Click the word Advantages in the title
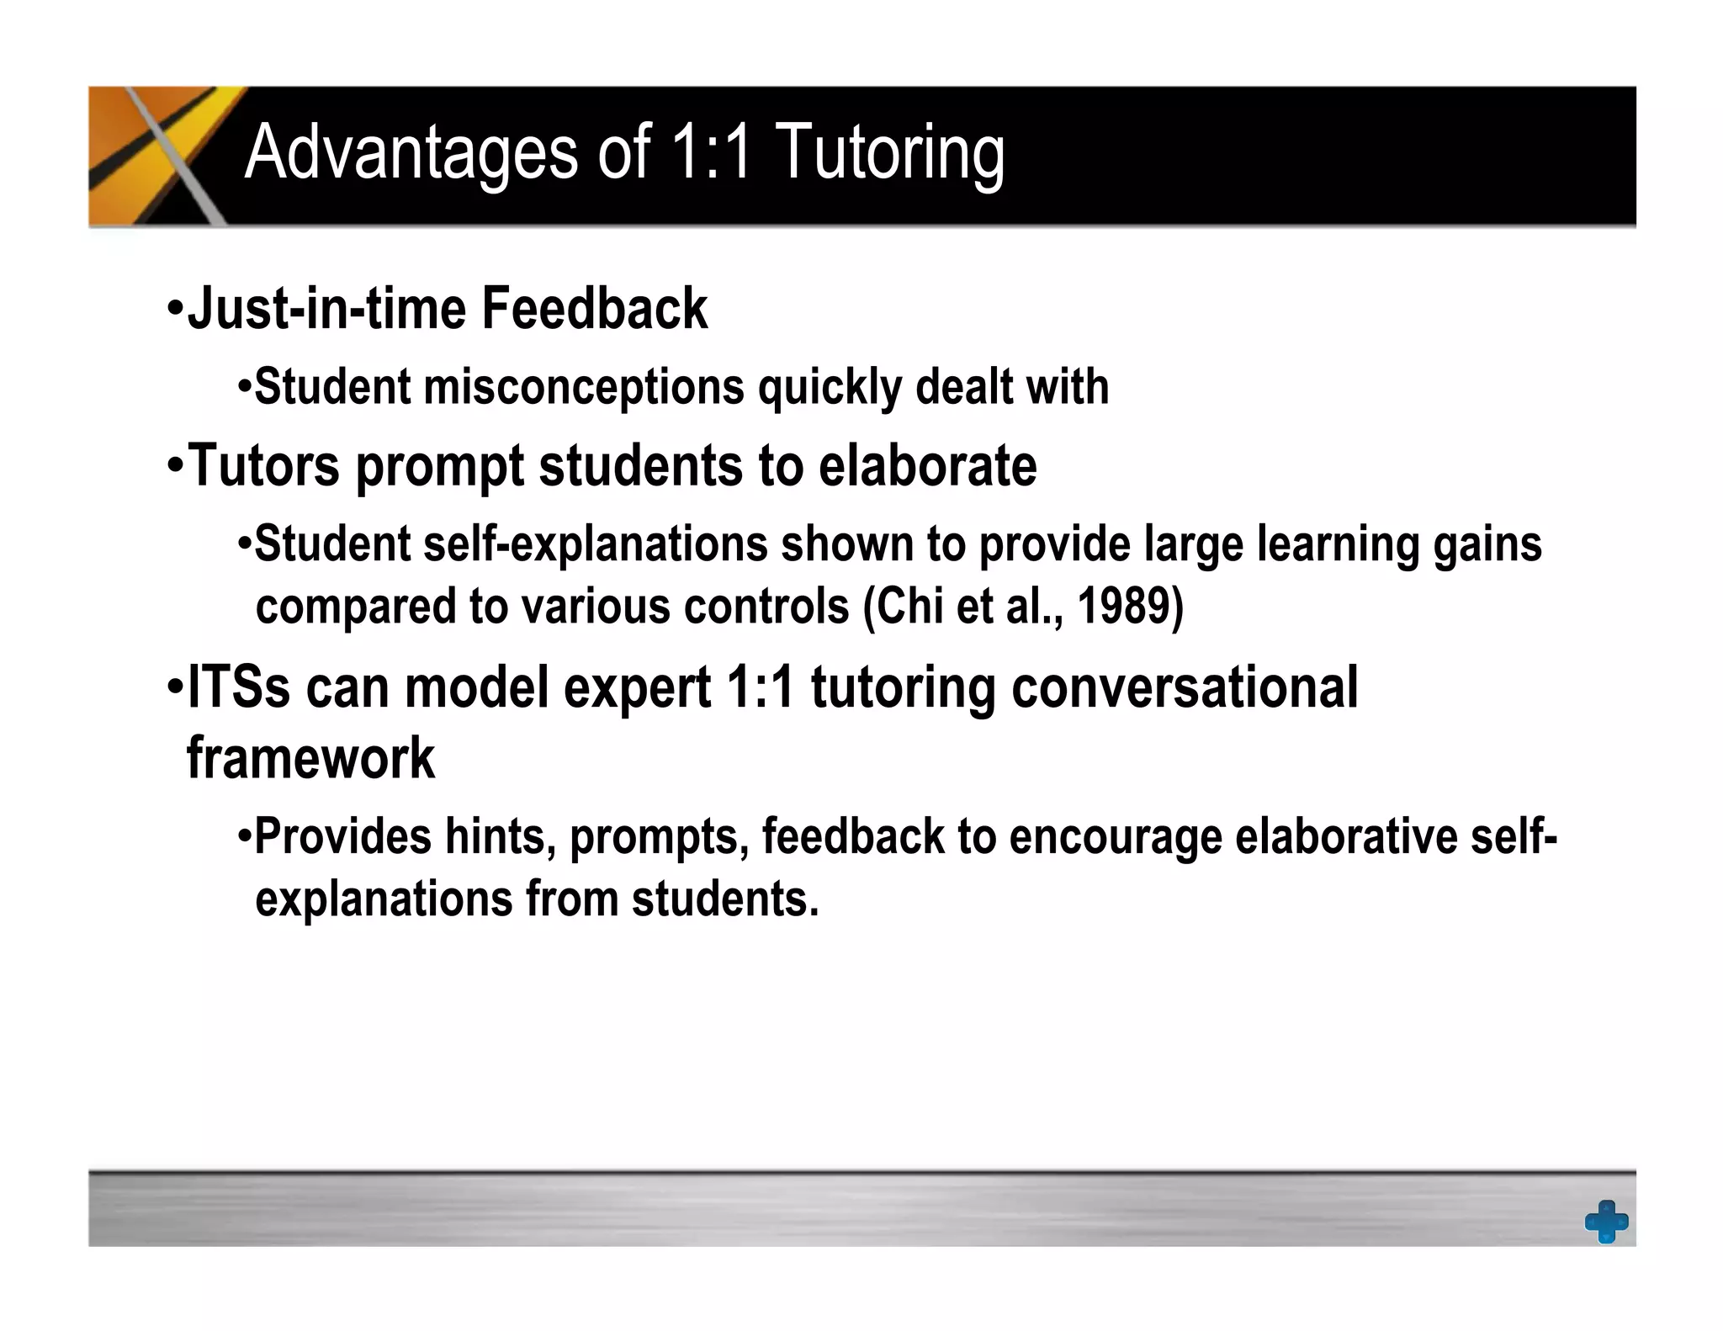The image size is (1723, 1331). coord(411,152)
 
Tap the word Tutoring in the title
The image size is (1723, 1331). coord(889,152)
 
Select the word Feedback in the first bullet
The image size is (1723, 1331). coord(594,309)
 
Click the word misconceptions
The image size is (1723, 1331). coord(584,387)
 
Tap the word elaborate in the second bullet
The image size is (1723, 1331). coord(927,465)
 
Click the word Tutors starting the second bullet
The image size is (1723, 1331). coord(263,465)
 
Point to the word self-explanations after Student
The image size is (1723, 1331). coord(596,544)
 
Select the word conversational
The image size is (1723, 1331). coord(1184,687)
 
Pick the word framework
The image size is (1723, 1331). coord(310,758)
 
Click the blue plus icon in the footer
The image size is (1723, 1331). coord(1606,1221)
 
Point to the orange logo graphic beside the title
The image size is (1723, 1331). coord(160,156)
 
